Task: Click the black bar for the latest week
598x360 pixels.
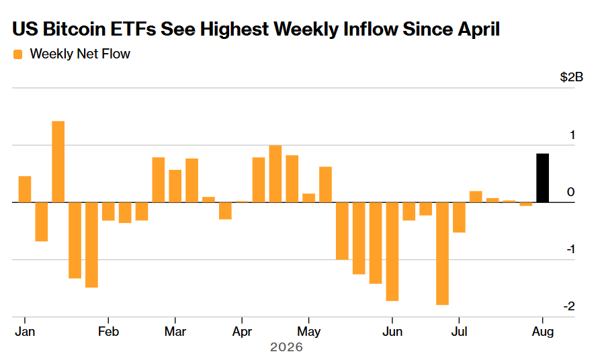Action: (x=542, y=178)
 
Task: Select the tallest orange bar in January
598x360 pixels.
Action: (x=58, y=162)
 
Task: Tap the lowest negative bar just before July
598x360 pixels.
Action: (x=442, y=254)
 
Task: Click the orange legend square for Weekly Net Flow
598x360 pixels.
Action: (x=17, y=54)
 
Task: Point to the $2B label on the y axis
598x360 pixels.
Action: (x=571, y=77)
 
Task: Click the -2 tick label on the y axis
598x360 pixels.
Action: (x=569, y=306)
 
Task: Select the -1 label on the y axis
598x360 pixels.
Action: (x=570, y=249)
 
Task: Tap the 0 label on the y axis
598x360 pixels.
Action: (x=571, y=192)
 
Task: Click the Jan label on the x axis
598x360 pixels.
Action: (x=25, y=331)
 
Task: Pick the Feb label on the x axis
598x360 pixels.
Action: (x=108, y=331)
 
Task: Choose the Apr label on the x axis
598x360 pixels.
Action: (x=242, y=332)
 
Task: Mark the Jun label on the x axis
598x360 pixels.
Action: (x=392, y=331)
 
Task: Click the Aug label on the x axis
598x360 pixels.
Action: (x=543, y=332)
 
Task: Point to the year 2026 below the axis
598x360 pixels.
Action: (x=286, y=347)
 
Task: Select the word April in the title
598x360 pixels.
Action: (x=478, y=30)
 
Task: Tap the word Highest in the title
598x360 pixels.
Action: (x=234, y=30)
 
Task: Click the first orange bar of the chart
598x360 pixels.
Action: (x=25, y=189)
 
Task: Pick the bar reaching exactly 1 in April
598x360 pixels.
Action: (x=275, y=174)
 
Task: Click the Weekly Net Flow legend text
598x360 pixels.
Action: (x=80, y=54)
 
